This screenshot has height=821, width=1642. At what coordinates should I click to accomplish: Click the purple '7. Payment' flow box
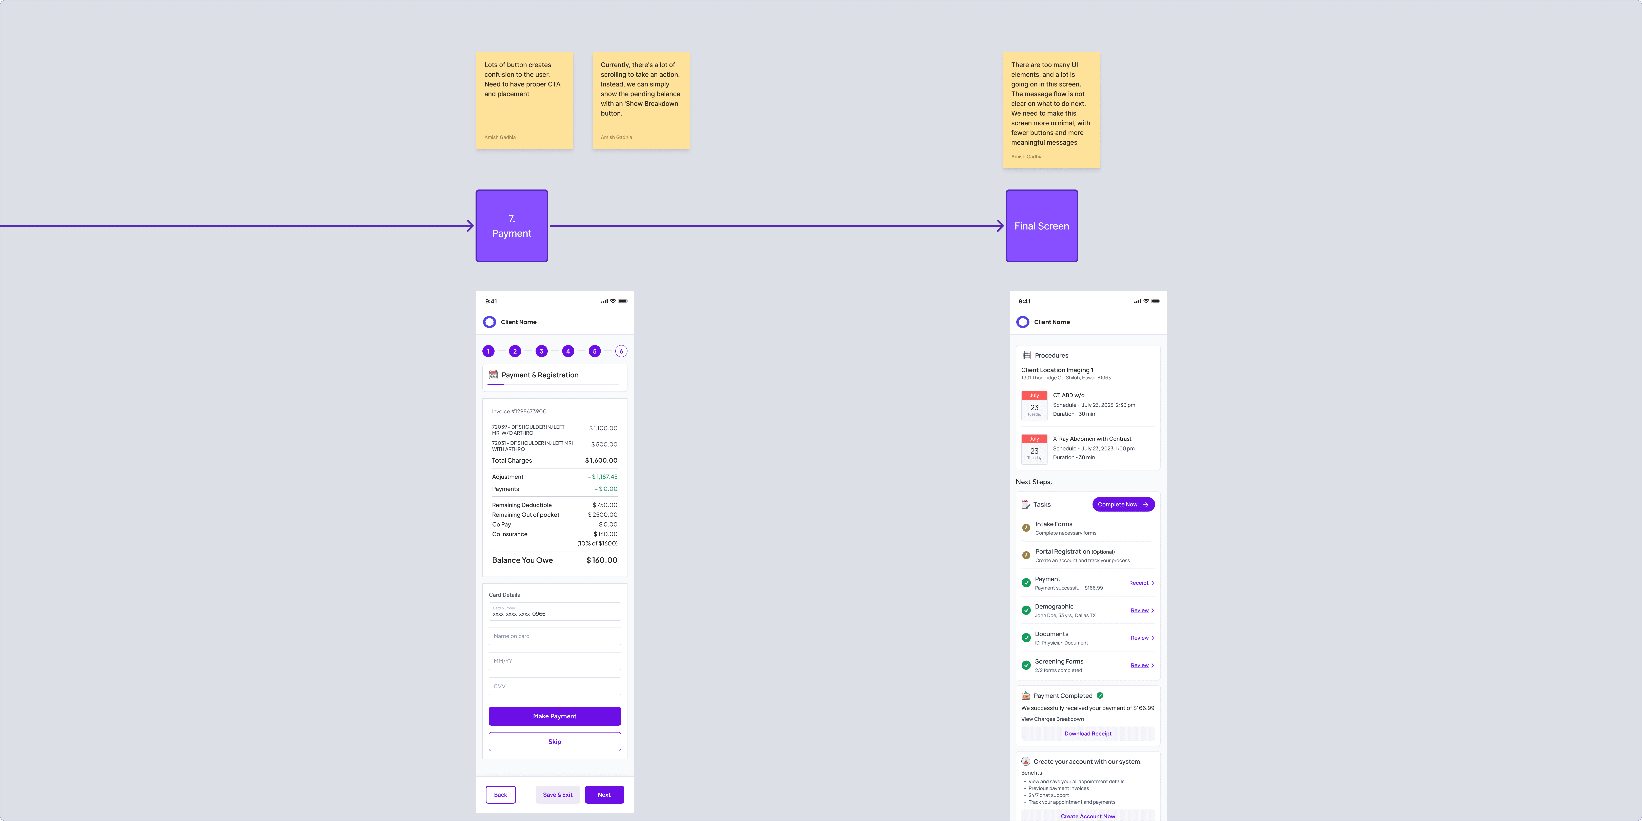(511, 226)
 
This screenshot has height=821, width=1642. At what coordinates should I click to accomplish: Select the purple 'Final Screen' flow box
(1042, 226)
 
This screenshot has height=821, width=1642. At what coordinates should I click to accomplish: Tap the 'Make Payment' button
(555, 716)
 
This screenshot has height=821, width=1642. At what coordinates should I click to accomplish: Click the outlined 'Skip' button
(555, 741)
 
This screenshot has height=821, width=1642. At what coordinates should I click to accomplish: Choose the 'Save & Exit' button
(557, 794)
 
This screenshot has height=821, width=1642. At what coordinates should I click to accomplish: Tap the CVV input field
(555, 686)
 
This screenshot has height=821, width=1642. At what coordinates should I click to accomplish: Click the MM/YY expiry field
(555, 661)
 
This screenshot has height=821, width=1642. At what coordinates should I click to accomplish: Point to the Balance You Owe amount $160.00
(602, 560)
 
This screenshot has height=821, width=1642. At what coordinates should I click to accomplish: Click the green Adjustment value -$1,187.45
(602, 477)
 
